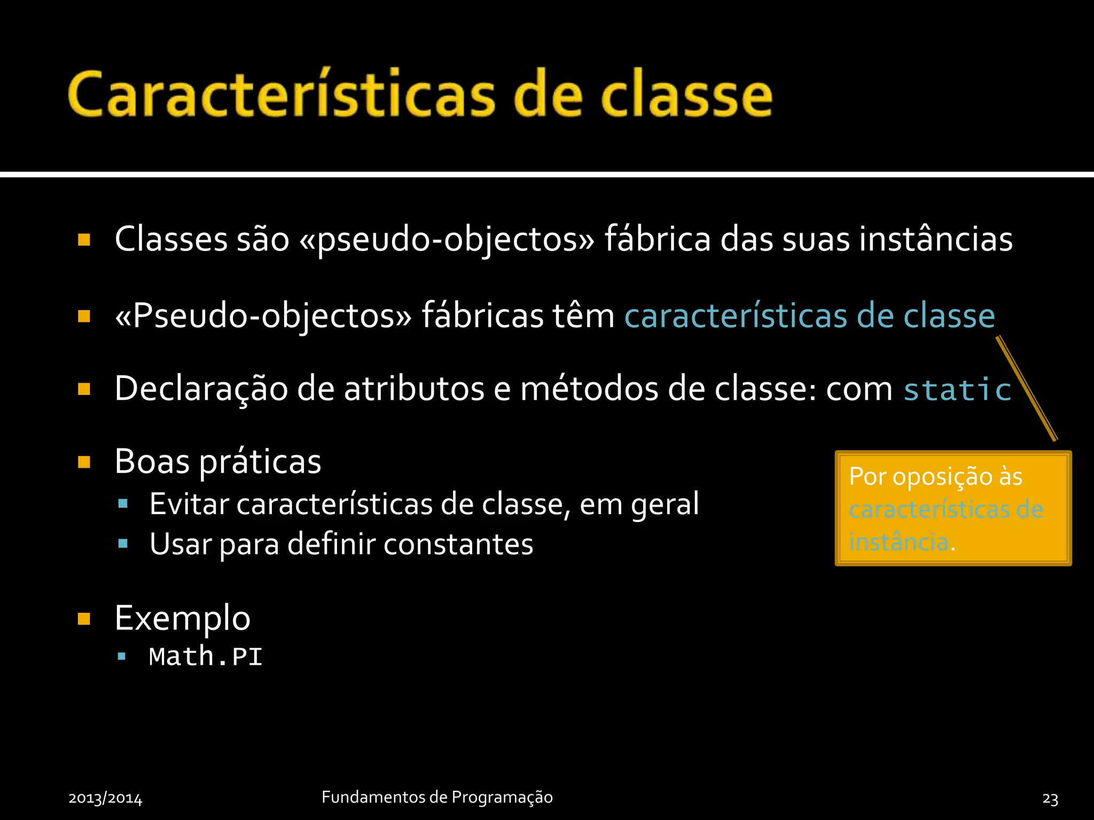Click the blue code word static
tap(957, 389)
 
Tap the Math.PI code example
tap(206, 656)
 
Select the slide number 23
tap(1050, 799)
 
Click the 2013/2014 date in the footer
tap(105, 799)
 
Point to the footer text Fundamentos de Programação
tap(437, 797)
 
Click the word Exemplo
tap(182, 618)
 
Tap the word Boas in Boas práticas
tap(152, 461)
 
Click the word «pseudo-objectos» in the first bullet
tap(447, 239)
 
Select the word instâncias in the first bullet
tap(936, 239)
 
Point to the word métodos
tap(589, 388)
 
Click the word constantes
tap(458, 544)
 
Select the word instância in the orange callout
tap(899, 542)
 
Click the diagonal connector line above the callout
tap(1026, 388)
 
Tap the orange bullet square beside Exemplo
tap(84, 619)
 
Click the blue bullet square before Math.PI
tap(122, 656)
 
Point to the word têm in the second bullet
tap(583, 316)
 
